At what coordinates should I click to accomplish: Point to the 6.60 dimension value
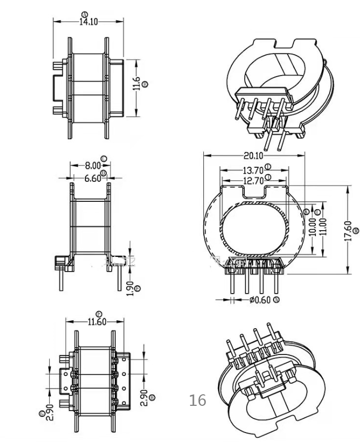point(92,178)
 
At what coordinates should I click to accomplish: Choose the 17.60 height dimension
point(348,230)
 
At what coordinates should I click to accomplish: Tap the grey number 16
point(198,401)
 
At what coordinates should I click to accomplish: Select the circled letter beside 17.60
point(356,231)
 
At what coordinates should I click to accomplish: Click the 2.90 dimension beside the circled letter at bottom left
point(50,412)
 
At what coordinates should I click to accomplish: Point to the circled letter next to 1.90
point(138,288)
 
